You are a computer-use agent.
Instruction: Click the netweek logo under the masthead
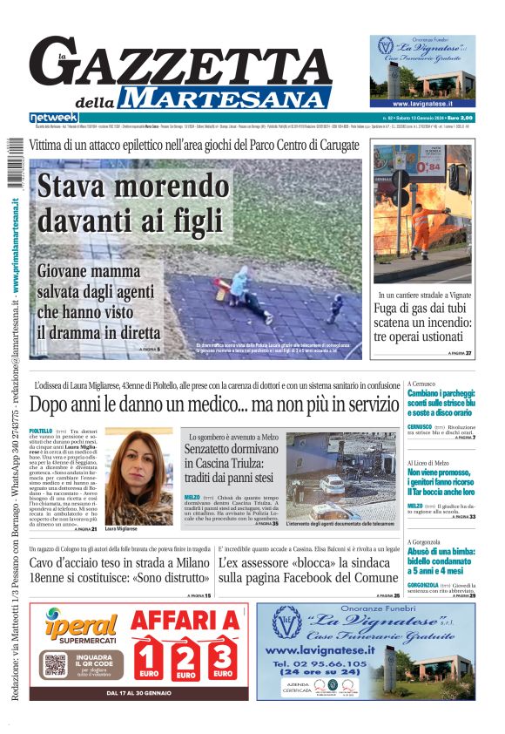54,118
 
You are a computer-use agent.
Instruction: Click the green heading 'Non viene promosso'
441,477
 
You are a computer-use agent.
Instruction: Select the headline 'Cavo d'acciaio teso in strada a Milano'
120,570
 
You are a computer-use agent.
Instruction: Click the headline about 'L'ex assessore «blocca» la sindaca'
308,570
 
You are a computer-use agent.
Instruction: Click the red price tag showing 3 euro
222,661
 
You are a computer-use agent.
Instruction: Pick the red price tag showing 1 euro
148,661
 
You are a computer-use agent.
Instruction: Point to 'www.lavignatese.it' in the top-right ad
420,103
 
